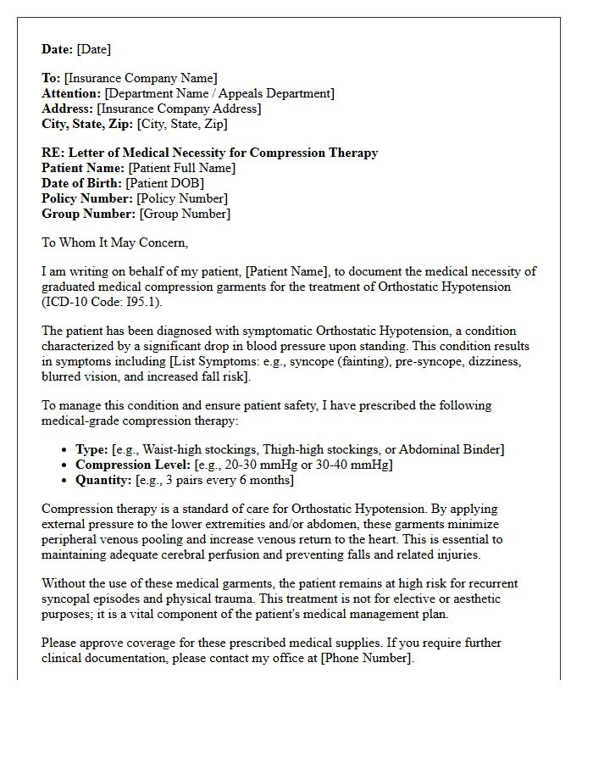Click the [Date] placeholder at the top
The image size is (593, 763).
[x=93, y=49]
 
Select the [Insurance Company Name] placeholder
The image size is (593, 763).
[x=141, y=78]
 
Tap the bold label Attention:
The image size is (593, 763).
[x=71, y=93]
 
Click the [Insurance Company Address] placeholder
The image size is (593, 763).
[x=179, y=109]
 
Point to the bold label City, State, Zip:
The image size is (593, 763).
[x=87, y=124]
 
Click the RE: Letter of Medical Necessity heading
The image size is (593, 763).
[x=210, y=153]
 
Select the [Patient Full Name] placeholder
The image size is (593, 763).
[x=181, y=168]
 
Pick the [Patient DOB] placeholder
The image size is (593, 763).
[x=164, y=183]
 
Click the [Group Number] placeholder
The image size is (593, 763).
[x=184, y=214]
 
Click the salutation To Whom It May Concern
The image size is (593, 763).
[x=114, y=242]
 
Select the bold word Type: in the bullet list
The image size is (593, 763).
[x=91, y=449]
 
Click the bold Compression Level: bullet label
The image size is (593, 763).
[x=132, y=465]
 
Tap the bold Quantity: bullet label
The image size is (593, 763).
[x=103, y=480]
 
